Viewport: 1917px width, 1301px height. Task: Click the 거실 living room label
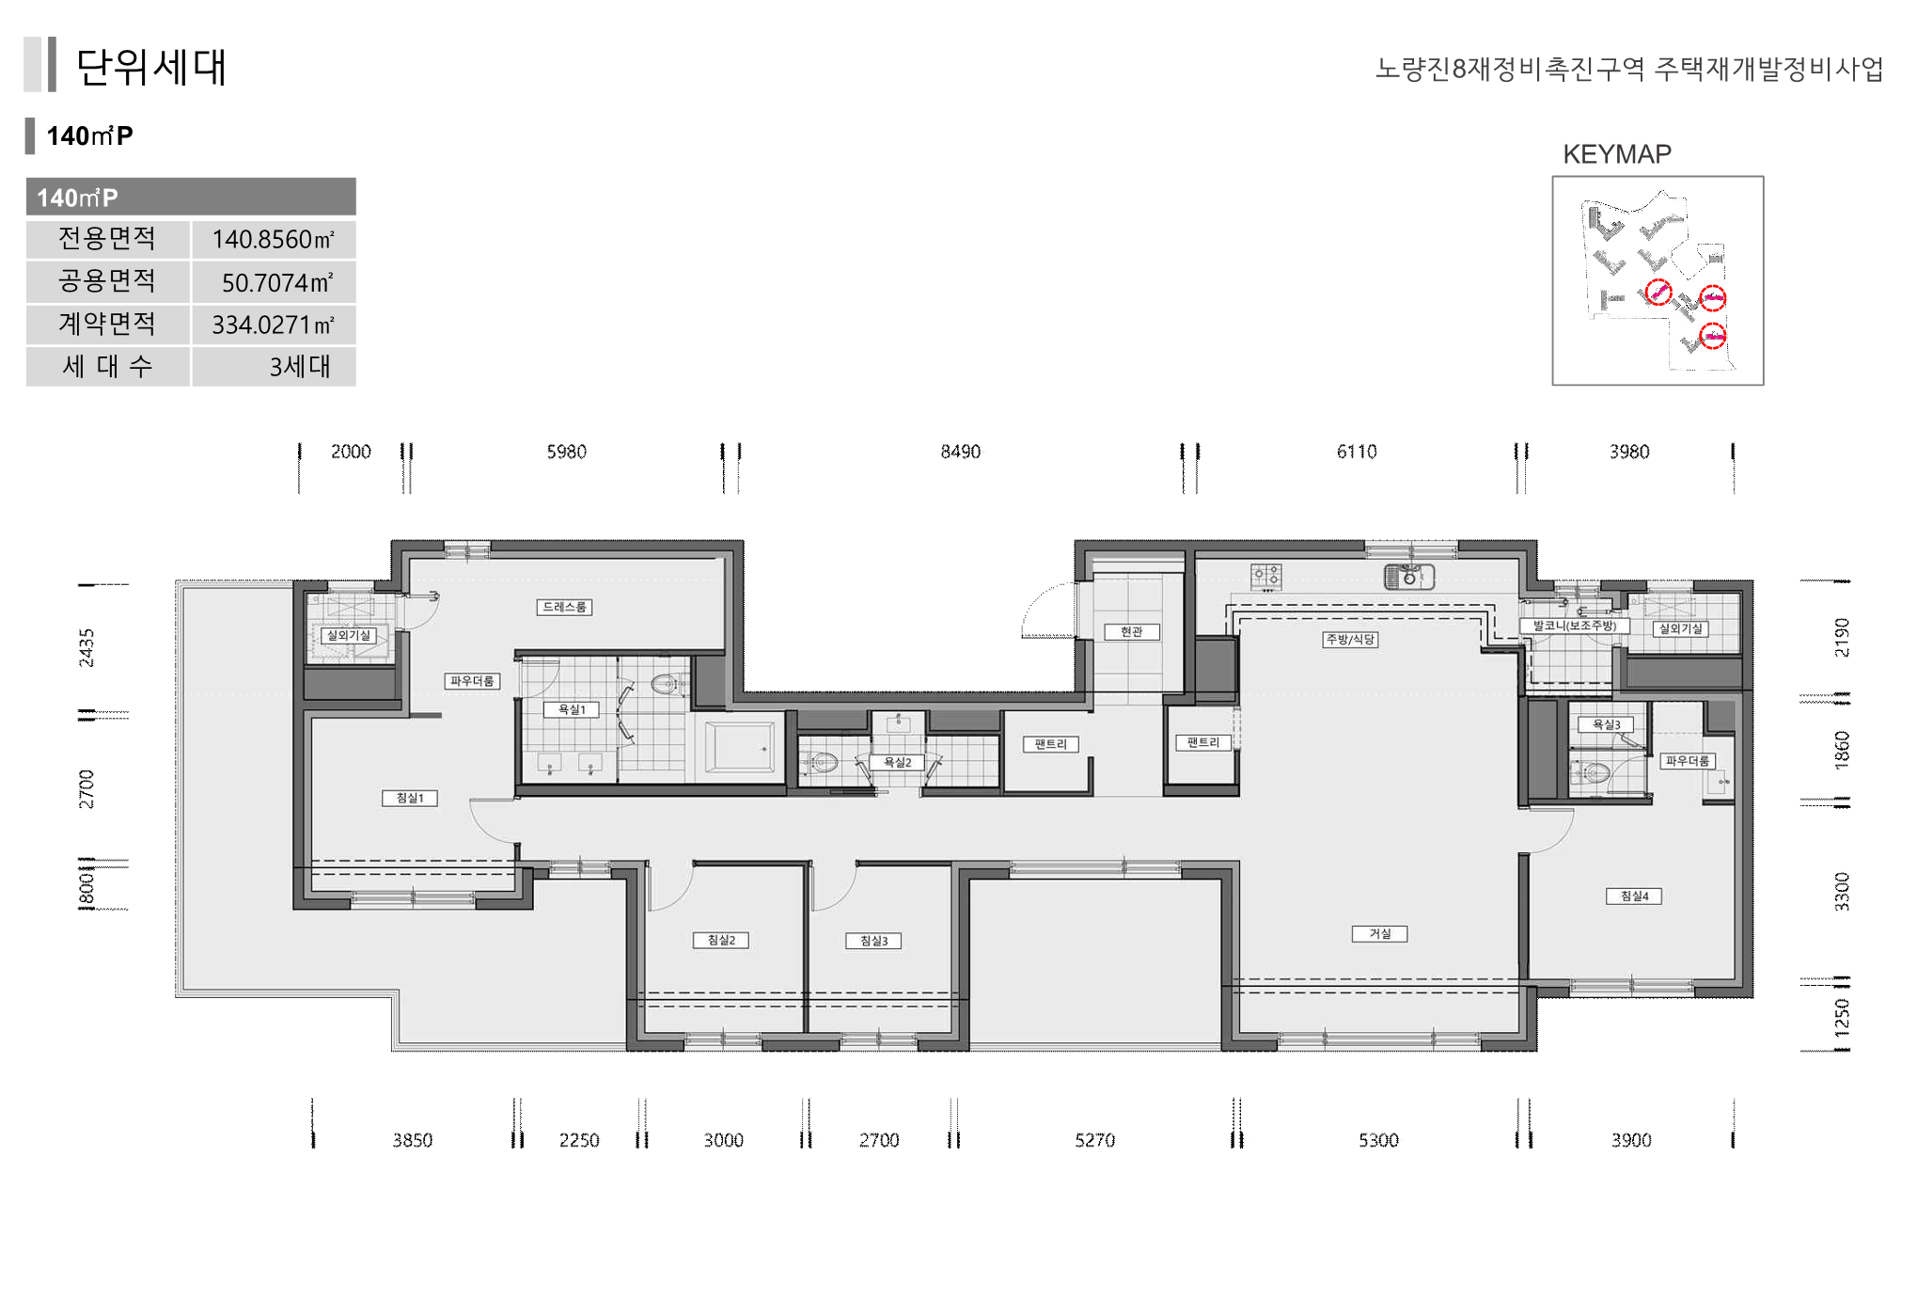(1379, 933)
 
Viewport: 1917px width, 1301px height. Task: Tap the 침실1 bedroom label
(410, 798)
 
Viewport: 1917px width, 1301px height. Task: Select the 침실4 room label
(1634, 896)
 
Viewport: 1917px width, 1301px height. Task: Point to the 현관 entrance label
(1132, 631)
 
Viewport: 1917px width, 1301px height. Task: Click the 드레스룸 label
(565, 607)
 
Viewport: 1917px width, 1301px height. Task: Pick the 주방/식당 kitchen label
(1350, 640)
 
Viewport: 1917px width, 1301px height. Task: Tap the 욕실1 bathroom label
(572, 709)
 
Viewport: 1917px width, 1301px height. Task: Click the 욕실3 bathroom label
(1606, 724)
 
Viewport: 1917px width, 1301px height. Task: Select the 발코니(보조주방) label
(1575, 626)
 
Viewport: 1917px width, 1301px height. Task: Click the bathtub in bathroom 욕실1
(740, 748)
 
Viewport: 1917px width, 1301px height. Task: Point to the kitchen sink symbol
(1409, 576)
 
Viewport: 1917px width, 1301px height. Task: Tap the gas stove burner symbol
(1265, 575)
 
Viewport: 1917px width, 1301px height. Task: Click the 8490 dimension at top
(960, 452)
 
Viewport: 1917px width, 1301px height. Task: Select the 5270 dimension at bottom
(1094, 1140)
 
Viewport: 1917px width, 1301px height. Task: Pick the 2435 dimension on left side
(86, 648)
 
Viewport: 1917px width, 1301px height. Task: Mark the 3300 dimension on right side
(1841, 892)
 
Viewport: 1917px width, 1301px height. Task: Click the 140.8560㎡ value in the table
(273, 240)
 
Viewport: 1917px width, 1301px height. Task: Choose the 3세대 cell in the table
(300, 366)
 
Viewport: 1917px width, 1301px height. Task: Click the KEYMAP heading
(1617, 154)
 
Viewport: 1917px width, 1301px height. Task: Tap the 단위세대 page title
(151, 67)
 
